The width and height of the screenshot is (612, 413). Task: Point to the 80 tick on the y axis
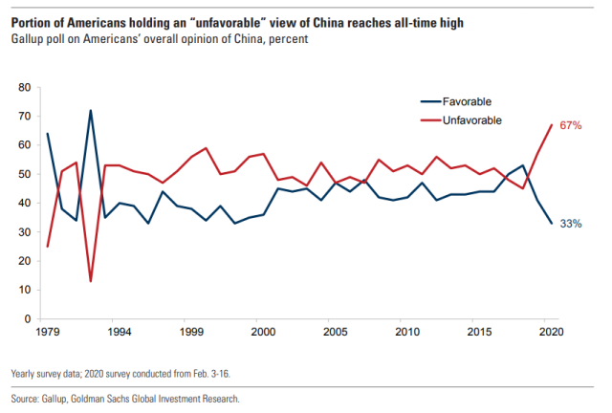point(26,88)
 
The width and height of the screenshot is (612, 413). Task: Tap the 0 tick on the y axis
point(29,318)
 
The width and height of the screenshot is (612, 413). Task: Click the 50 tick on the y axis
point(26,174)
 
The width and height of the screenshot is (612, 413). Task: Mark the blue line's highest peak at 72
point(90,111)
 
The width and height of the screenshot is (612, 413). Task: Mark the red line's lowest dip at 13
point(90,280)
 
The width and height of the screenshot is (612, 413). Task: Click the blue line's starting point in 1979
point(48,134)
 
